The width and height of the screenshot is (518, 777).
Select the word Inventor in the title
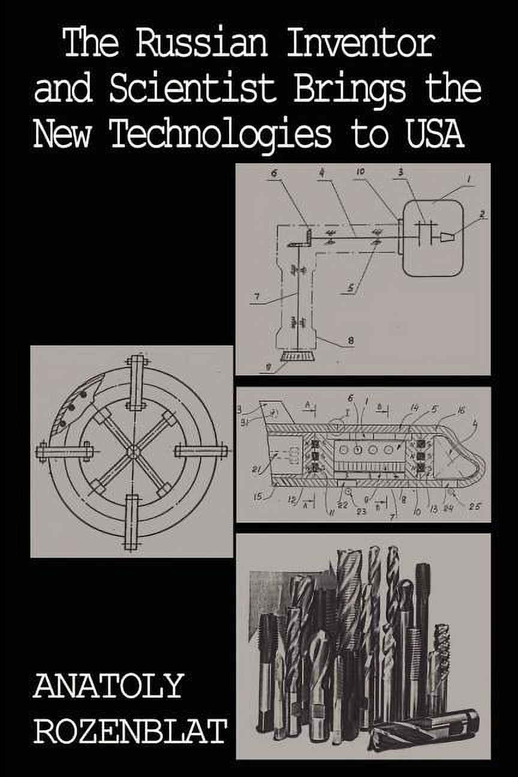click(359, 45)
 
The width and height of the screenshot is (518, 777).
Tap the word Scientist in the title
click(192, 90)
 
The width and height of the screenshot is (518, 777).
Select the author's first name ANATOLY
click(108, 685)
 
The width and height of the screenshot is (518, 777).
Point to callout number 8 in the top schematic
click(350, 341)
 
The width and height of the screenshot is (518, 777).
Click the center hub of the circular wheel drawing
click(132, 451)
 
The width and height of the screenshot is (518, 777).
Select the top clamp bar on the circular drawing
click(136, 382)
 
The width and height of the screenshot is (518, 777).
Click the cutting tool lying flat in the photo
click(424, 725)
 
